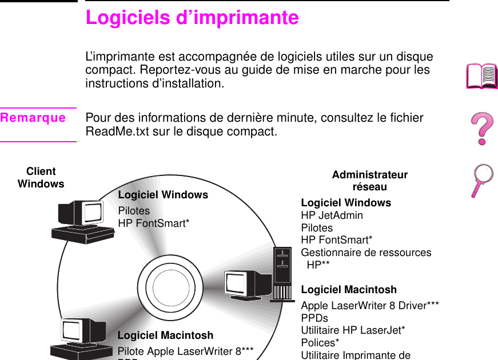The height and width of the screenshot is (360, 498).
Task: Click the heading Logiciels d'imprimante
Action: pos(192,17)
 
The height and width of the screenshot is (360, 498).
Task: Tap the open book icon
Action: pos(482,77)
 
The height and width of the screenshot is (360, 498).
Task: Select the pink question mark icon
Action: pos(482,129)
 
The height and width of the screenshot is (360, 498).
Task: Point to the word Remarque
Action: pos(33,118)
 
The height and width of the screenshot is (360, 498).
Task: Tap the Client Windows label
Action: pos(41,178)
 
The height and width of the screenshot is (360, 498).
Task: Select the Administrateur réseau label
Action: pos(370,181)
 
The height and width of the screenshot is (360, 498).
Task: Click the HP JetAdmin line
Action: pos(332,215)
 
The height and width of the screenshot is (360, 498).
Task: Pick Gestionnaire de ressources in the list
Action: pos(366,253)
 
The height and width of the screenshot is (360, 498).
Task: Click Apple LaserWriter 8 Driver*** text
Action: pos(370,306)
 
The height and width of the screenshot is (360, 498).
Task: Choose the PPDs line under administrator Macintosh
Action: pos(314,318)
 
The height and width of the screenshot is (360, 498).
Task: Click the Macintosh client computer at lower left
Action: pos(80,338)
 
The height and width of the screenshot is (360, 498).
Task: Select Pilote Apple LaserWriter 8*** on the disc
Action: pos(185,350)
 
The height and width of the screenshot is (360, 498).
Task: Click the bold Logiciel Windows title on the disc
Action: pos(163,195)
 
